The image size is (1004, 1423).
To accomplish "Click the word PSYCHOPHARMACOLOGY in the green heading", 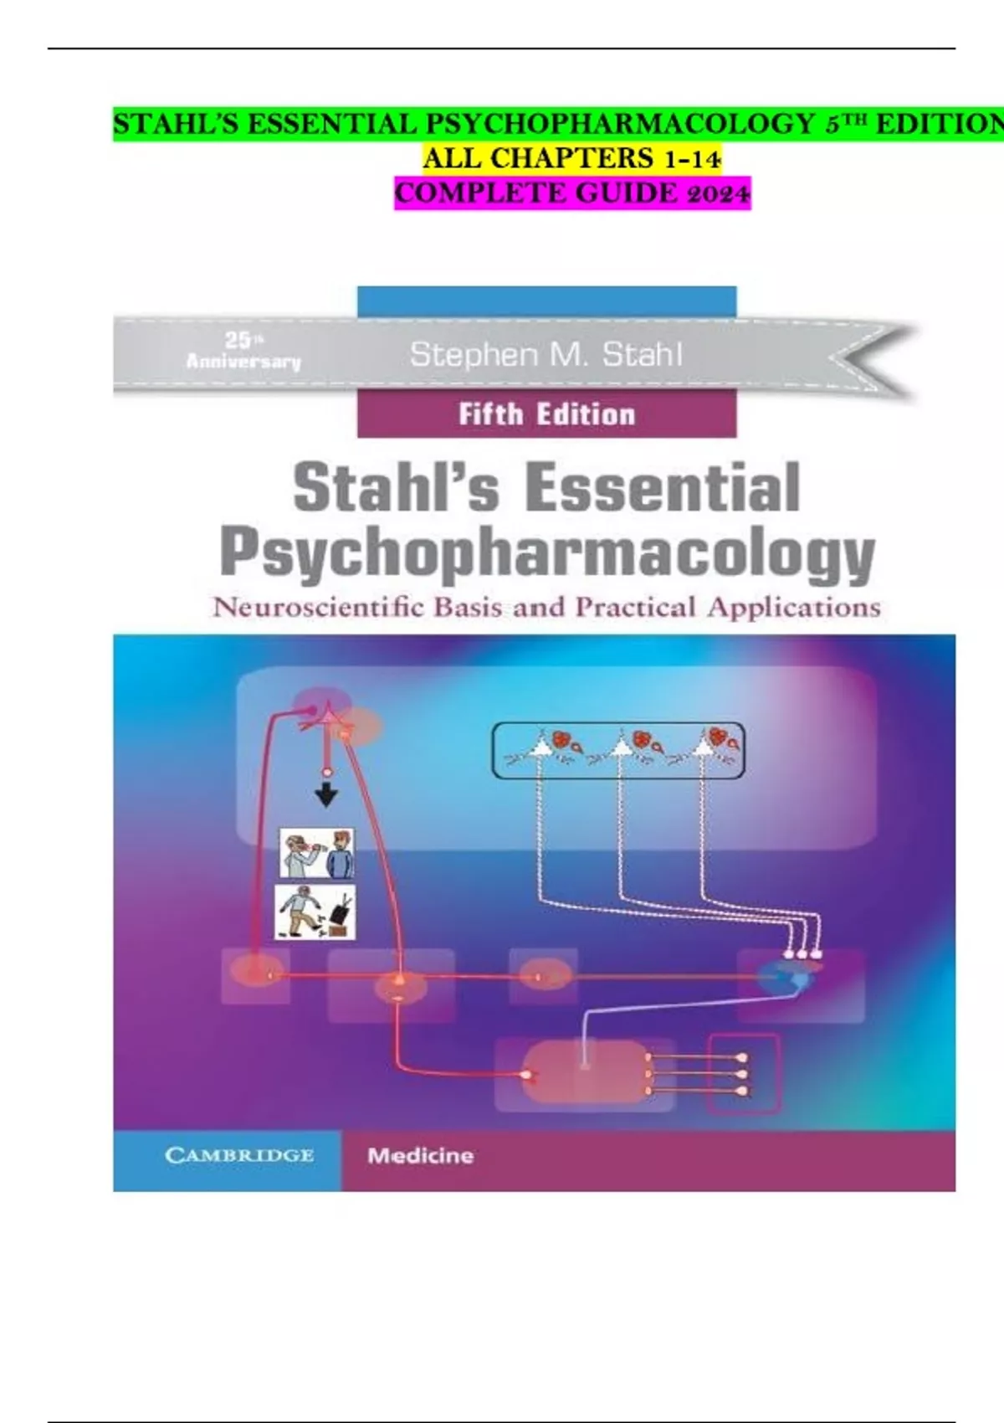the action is (x=620, y=125).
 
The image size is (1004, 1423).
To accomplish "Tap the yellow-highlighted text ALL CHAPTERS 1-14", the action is (x=572, y=158).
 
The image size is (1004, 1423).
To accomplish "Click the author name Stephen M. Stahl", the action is (x=546, y=355).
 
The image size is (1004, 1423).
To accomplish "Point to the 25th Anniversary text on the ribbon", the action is (x=243, y=352).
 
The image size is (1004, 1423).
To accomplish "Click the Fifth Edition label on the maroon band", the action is (x=547, y=415).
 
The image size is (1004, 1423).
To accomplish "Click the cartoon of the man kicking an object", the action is (x=315, y=912).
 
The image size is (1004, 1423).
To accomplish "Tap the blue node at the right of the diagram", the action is (x=787, y=976).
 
